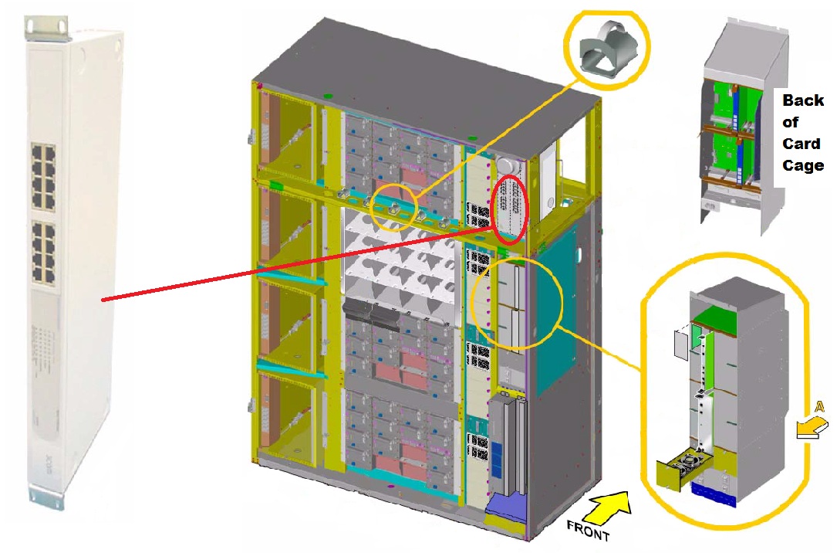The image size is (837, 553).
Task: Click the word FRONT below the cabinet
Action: (589, 531)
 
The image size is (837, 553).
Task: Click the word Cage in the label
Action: (803, 165)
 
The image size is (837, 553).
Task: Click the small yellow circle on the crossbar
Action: (393, 206)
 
